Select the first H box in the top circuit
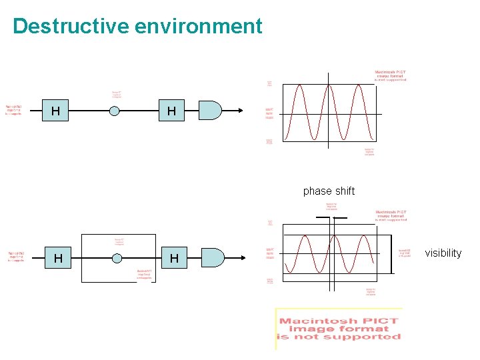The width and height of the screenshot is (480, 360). [x=56, y=111]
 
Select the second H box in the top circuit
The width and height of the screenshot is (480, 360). [x=172, y=111]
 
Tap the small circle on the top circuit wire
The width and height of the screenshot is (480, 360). [x=115, y=111]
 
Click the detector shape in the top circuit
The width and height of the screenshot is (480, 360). [x=210, y=111]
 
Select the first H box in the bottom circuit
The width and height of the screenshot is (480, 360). [x=59, y=258]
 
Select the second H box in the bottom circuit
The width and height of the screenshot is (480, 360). [x=174, y=258]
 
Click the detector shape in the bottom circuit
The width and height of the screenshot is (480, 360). [x=213, y=257]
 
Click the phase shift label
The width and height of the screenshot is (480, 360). [x=329, y=191]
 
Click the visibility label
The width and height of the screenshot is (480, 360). [x=443, y=253]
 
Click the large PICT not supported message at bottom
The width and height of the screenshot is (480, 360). [x=339, y=329]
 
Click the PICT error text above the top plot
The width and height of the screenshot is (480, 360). [x=390, y=75]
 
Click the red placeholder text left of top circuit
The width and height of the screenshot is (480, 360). [x=14, y=109]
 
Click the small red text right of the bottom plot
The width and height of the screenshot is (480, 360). [x=405, y=253]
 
